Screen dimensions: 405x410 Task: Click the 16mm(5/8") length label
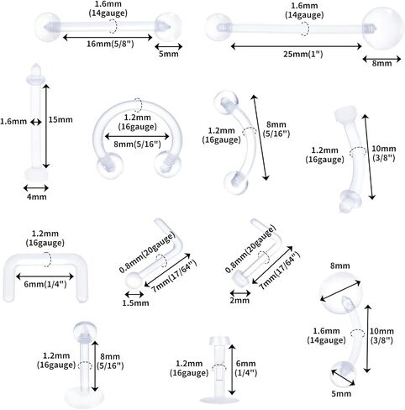click(x=110, y=44)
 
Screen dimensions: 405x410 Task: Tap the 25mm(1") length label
click(x=303, y=54)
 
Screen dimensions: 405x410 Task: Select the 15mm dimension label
click(x=60, y=119)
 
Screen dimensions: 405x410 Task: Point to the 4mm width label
click(x=37, y=197)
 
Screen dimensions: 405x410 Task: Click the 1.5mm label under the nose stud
click(x=135, y=303)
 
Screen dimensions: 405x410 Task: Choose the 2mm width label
click(x=239, y=301)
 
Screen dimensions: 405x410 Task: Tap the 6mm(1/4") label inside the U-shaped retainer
click(x=45, y=285)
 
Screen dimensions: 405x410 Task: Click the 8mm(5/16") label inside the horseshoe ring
click(x=137, y=145)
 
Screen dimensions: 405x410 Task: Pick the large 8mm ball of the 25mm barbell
click(x=382, y=29)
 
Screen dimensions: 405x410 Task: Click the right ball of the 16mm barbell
click(x=167, y=26)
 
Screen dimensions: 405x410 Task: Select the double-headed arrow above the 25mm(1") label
click(x=296, y=46)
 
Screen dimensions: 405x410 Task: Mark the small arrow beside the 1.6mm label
click(x=36, y=122)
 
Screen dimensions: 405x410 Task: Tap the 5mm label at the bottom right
click(x=341, y=393)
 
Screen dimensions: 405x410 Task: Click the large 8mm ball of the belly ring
click(x=341, y=293)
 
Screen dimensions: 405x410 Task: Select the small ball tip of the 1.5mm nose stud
click(x=133, y=281)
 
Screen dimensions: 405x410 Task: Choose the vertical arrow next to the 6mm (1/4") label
click(x=232, y=370)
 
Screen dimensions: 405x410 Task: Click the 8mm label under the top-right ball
click(x=381, y=63)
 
